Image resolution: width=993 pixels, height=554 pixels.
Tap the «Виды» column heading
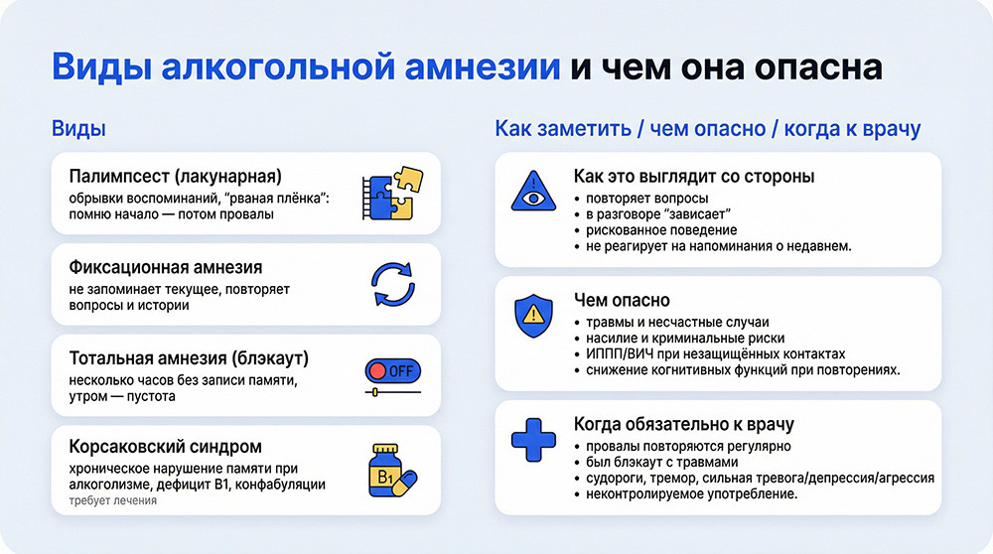(x=78, y=129)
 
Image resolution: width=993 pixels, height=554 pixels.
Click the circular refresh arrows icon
(x=390, y=284)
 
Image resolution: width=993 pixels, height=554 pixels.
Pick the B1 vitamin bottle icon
(x=390, y=470)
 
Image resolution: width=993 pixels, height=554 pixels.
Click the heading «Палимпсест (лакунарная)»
(x=176, y=177)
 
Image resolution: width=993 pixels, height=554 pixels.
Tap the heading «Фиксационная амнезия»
(x=167, y=267)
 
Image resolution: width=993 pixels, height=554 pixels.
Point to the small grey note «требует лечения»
(x=112, y=501)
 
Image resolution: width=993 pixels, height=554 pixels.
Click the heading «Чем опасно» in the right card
(x=622, y=300)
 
